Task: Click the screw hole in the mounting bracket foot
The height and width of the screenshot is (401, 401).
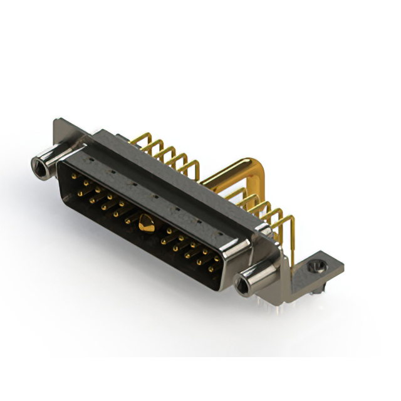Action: click(316, 267)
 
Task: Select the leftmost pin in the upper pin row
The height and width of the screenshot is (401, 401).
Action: click(75, 177)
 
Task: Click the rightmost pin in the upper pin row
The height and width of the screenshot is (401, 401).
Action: click(217, 258)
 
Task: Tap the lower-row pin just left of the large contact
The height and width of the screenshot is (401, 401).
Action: click(128, 221)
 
